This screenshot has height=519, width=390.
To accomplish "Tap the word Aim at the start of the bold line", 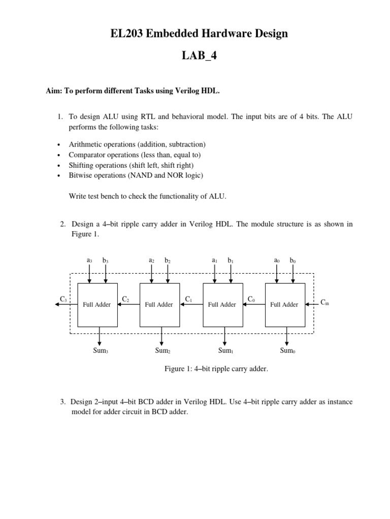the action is [53, 91].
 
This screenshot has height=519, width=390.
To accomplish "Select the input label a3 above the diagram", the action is [89, 260].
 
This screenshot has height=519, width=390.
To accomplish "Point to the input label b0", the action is [292, 260].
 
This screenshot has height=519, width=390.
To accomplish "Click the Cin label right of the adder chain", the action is [325, 302].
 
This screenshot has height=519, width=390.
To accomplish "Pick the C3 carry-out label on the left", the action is [63, 300].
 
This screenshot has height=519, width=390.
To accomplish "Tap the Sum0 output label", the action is [287, 350].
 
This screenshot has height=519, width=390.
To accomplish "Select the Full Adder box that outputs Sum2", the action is [159, 305].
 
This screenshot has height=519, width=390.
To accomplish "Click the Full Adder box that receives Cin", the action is [284, 305].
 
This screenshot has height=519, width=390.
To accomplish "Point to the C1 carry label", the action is [188, 299].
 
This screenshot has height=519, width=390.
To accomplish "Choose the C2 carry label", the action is [125, 299].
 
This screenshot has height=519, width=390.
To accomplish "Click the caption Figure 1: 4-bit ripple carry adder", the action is [216, 369].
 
